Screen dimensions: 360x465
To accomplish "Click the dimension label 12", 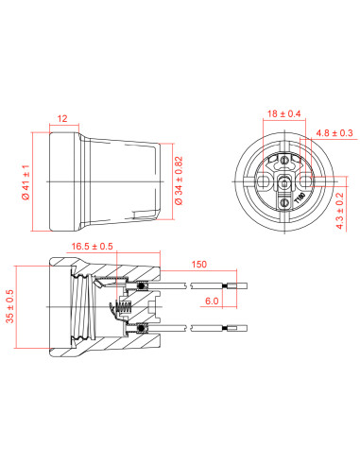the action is pos(62,118).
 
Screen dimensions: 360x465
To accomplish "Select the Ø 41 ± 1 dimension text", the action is pos(26,182).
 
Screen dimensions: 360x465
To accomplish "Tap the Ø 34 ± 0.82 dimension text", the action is pos(179,181).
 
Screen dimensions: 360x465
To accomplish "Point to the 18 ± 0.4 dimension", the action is pos(283,113).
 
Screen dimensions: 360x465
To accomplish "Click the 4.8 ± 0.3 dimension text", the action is pos(334,133).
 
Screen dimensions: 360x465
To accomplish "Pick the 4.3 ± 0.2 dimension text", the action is pos(340,211).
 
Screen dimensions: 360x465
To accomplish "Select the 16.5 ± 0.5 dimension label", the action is pos(92,246).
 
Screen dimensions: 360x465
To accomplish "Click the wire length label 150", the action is pos(199,264).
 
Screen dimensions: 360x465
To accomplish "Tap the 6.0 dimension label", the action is pos(212,301).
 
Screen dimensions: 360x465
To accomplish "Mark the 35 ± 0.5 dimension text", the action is pos(10,306).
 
